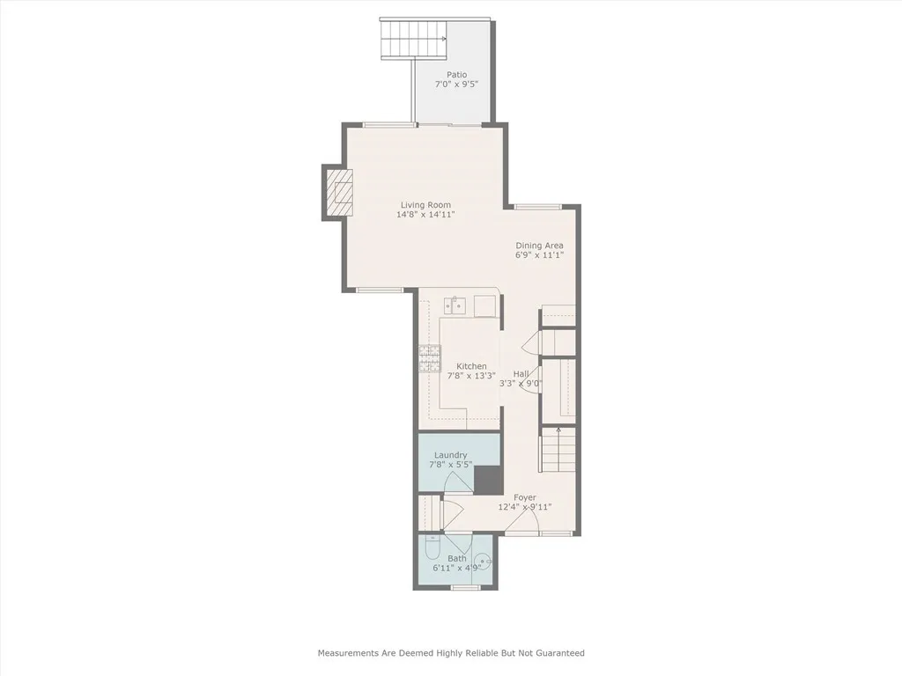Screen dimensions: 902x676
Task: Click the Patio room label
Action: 457,75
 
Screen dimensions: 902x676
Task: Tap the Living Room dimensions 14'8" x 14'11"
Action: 425,215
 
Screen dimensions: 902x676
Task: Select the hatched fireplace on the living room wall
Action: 336,192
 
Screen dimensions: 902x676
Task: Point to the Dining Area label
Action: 539,246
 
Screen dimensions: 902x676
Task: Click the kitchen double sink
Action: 455,305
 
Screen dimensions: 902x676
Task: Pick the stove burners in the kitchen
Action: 429,358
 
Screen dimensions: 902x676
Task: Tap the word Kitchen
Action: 471,366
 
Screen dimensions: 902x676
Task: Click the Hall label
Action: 521,373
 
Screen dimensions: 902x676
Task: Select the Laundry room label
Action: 450,455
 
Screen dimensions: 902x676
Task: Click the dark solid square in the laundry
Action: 488,480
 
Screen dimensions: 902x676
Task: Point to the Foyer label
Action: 525,498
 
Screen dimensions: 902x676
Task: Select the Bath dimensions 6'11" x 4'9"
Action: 457,568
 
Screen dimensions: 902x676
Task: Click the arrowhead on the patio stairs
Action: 444,39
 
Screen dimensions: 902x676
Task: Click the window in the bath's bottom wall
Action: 465,587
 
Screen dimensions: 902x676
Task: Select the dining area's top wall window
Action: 538,207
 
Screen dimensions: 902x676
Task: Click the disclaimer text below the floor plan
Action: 451,653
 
